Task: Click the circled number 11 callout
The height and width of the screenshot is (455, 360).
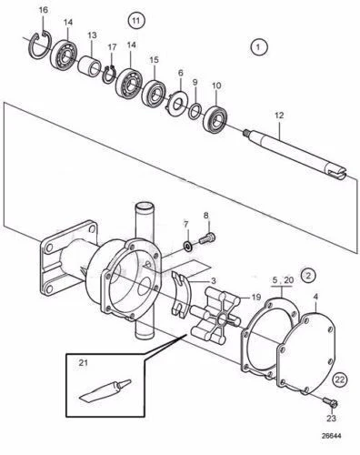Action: (x=136, y=21)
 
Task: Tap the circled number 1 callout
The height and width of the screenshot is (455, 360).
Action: (x=258, y=47)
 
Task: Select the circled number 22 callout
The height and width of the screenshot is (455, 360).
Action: (x=340, y=379)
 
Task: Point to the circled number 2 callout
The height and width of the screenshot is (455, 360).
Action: (x=308, y=276)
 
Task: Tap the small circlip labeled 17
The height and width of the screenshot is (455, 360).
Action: (x=109, y=75)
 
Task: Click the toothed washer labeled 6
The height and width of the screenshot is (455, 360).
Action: (x=177, y=102)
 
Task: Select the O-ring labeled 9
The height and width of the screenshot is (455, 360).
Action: (x=195, y=110)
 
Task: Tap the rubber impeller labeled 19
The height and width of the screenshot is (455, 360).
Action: (x=216, y=316)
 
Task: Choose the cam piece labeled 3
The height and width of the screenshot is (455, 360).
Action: (x=181, y=295)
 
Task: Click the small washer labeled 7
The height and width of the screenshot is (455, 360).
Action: (x=187, y=246)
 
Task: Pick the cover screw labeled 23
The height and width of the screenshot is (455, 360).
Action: (x=330, y=402)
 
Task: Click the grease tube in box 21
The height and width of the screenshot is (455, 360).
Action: (x=105, y=389)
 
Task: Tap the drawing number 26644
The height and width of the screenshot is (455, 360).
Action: (x=331, y=436)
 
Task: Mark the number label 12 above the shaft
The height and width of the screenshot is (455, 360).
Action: (x=279, y=116)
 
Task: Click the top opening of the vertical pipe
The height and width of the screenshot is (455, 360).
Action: (x=144, y=207)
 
